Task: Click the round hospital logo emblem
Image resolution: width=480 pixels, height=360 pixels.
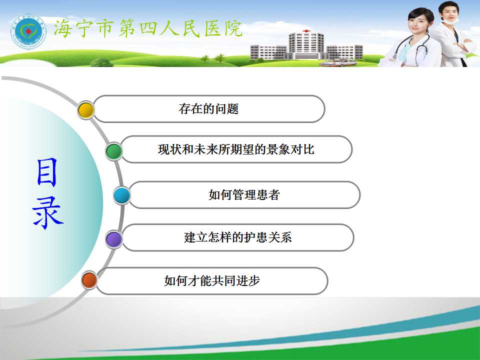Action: pos(28,31)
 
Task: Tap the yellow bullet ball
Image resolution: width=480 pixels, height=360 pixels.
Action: pos(86,110)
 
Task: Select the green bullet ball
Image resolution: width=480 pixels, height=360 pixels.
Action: pos(114,151)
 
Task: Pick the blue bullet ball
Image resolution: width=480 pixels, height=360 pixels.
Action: pos(122,195)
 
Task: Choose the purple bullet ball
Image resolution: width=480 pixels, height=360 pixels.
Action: pos(114,239)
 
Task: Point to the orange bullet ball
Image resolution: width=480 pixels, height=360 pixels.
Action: pos(89,280)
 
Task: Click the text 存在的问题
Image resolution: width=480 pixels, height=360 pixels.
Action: pos(209,108)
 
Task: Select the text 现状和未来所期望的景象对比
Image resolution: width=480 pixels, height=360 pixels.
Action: pos(236,149)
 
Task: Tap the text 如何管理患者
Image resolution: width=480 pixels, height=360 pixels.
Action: pos(244,194)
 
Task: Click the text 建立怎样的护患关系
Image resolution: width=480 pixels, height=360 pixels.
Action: pos(238,237)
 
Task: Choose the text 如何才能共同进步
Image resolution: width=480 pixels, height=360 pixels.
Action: pos(212,280)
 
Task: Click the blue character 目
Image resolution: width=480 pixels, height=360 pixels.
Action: pos(47,172)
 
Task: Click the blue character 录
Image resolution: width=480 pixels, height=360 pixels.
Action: pos(48,212)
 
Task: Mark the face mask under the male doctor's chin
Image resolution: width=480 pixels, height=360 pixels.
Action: pos(450,21)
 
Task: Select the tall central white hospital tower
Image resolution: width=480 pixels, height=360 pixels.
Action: pos(306,46)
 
